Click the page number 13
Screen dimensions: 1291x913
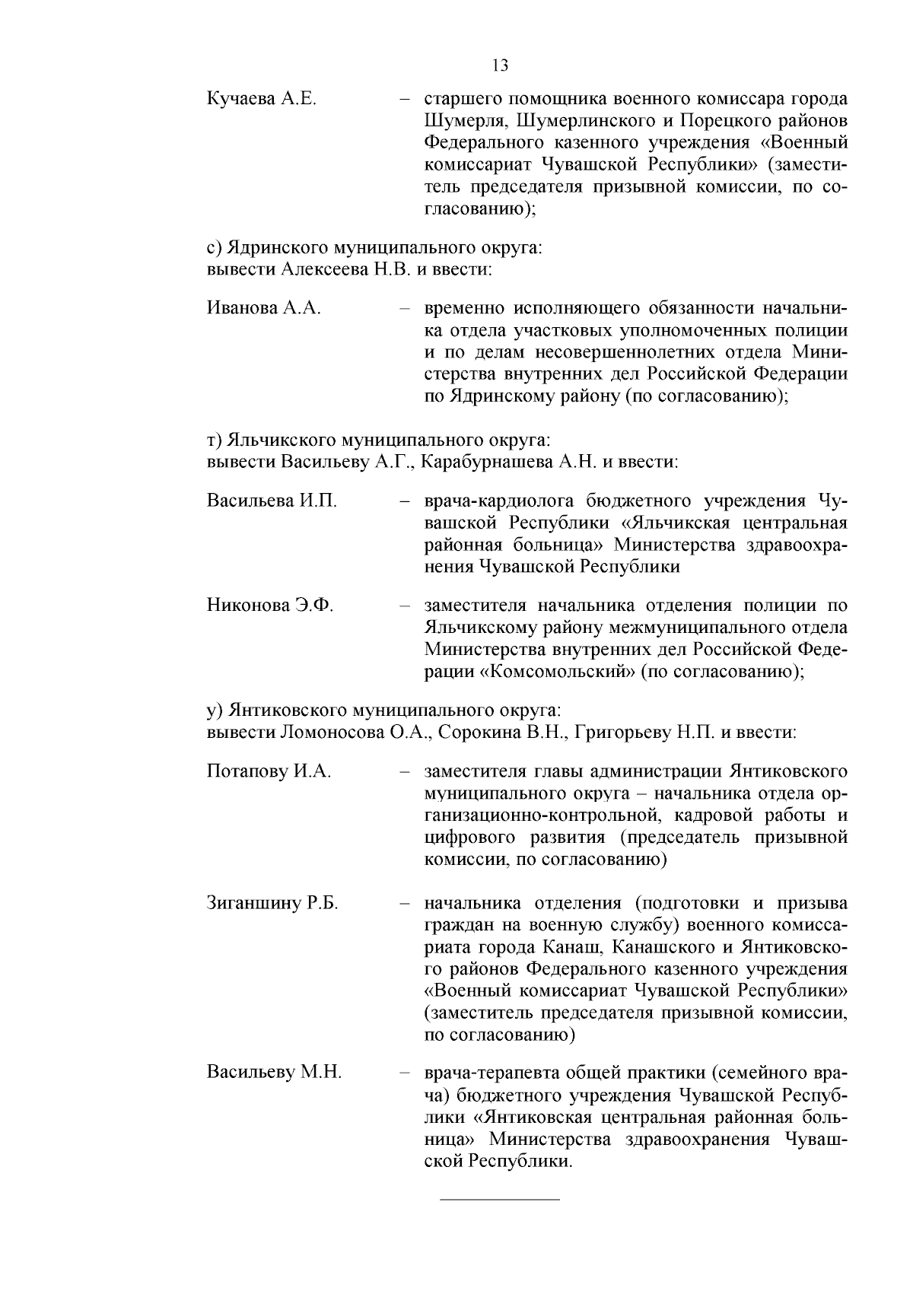500,65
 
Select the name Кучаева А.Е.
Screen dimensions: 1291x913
261,100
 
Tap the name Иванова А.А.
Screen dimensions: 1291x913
263,308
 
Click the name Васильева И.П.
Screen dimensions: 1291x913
272,501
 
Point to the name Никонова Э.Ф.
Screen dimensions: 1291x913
270,606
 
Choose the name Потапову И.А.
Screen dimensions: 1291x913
269,771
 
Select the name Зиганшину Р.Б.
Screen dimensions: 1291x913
272,903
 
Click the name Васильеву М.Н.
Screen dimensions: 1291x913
274,1073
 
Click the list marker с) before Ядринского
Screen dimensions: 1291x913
214,248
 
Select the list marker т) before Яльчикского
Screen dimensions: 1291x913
214,440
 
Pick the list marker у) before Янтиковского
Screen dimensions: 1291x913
214,711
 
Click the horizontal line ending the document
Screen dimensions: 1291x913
500,1200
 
